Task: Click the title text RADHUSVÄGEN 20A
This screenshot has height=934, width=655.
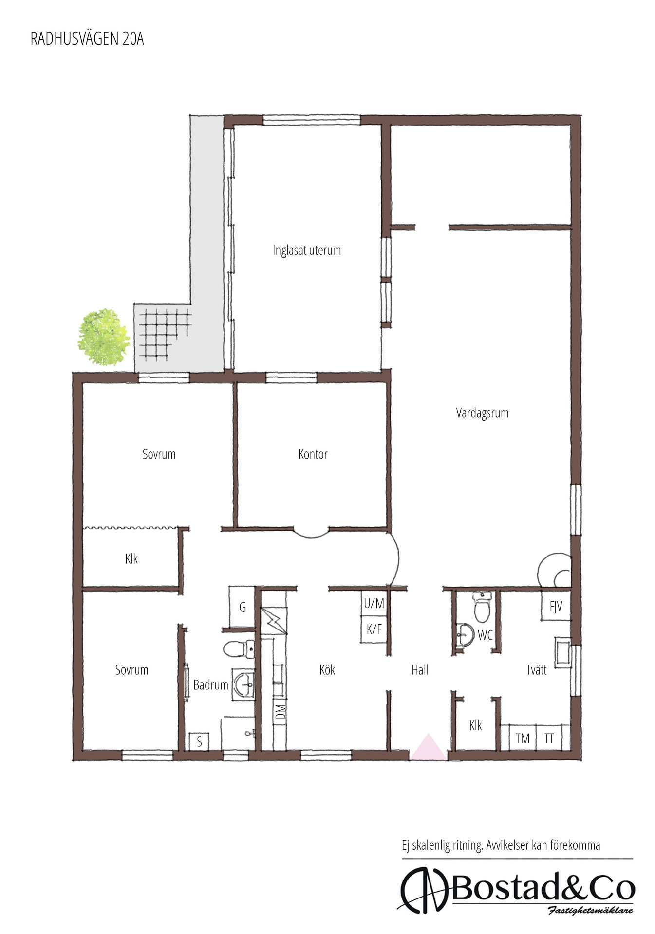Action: coord(87,39)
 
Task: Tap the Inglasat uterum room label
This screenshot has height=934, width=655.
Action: coord(306,250)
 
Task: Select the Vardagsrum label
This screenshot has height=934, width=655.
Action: coord(482,413)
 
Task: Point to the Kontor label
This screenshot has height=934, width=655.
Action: coord(313,454)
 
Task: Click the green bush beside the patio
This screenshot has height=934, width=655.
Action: coord(104,337)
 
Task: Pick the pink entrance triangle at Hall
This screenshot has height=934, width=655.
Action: coord(428,747)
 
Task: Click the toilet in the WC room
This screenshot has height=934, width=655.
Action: coord(482,607)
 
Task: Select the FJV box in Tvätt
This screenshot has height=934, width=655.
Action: coord(556,606)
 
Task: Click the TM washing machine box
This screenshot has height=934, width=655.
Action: coord(522,738)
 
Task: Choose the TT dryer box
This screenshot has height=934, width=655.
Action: coord(549,738)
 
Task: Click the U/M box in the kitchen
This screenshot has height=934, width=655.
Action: coord(374,604)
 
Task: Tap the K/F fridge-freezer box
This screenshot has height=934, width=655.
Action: coord(374,629)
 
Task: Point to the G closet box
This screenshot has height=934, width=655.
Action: coord(242,607)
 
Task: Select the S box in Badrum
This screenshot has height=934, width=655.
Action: coord(199,742)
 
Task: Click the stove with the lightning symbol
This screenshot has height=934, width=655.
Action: coord(274,621)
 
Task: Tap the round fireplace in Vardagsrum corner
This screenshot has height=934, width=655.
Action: coord(555,570)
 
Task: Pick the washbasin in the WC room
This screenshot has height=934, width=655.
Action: coord(465,635)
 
